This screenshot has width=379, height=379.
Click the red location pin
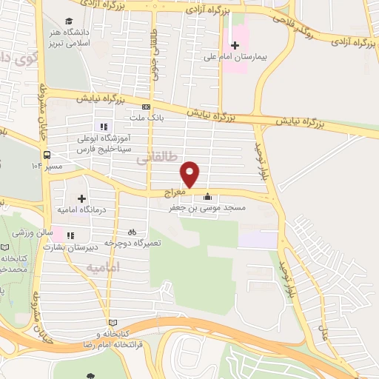click(x=190, y=174)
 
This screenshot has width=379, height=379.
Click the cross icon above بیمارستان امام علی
click(x=235, y=46)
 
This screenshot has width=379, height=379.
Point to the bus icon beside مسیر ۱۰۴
click(x=47, y=155)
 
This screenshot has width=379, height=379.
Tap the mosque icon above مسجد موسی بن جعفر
click(x=207, y=197)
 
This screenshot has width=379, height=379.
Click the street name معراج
click(x=168, y=191)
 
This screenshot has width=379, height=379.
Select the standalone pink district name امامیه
click(x=103, y=266)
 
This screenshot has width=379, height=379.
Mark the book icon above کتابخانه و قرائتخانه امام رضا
click(x=113, y=322)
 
